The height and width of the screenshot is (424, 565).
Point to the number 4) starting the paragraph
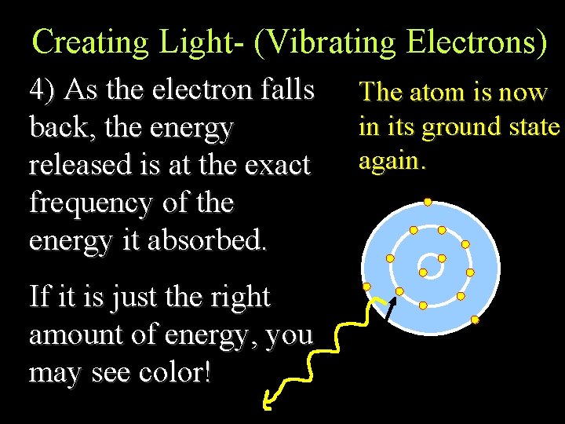(x=42, y=90)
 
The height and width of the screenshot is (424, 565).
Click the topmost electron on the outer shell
(x=428, y=202)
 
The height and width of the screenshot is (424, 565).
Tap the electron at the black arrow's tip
(x=399, y=291)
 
